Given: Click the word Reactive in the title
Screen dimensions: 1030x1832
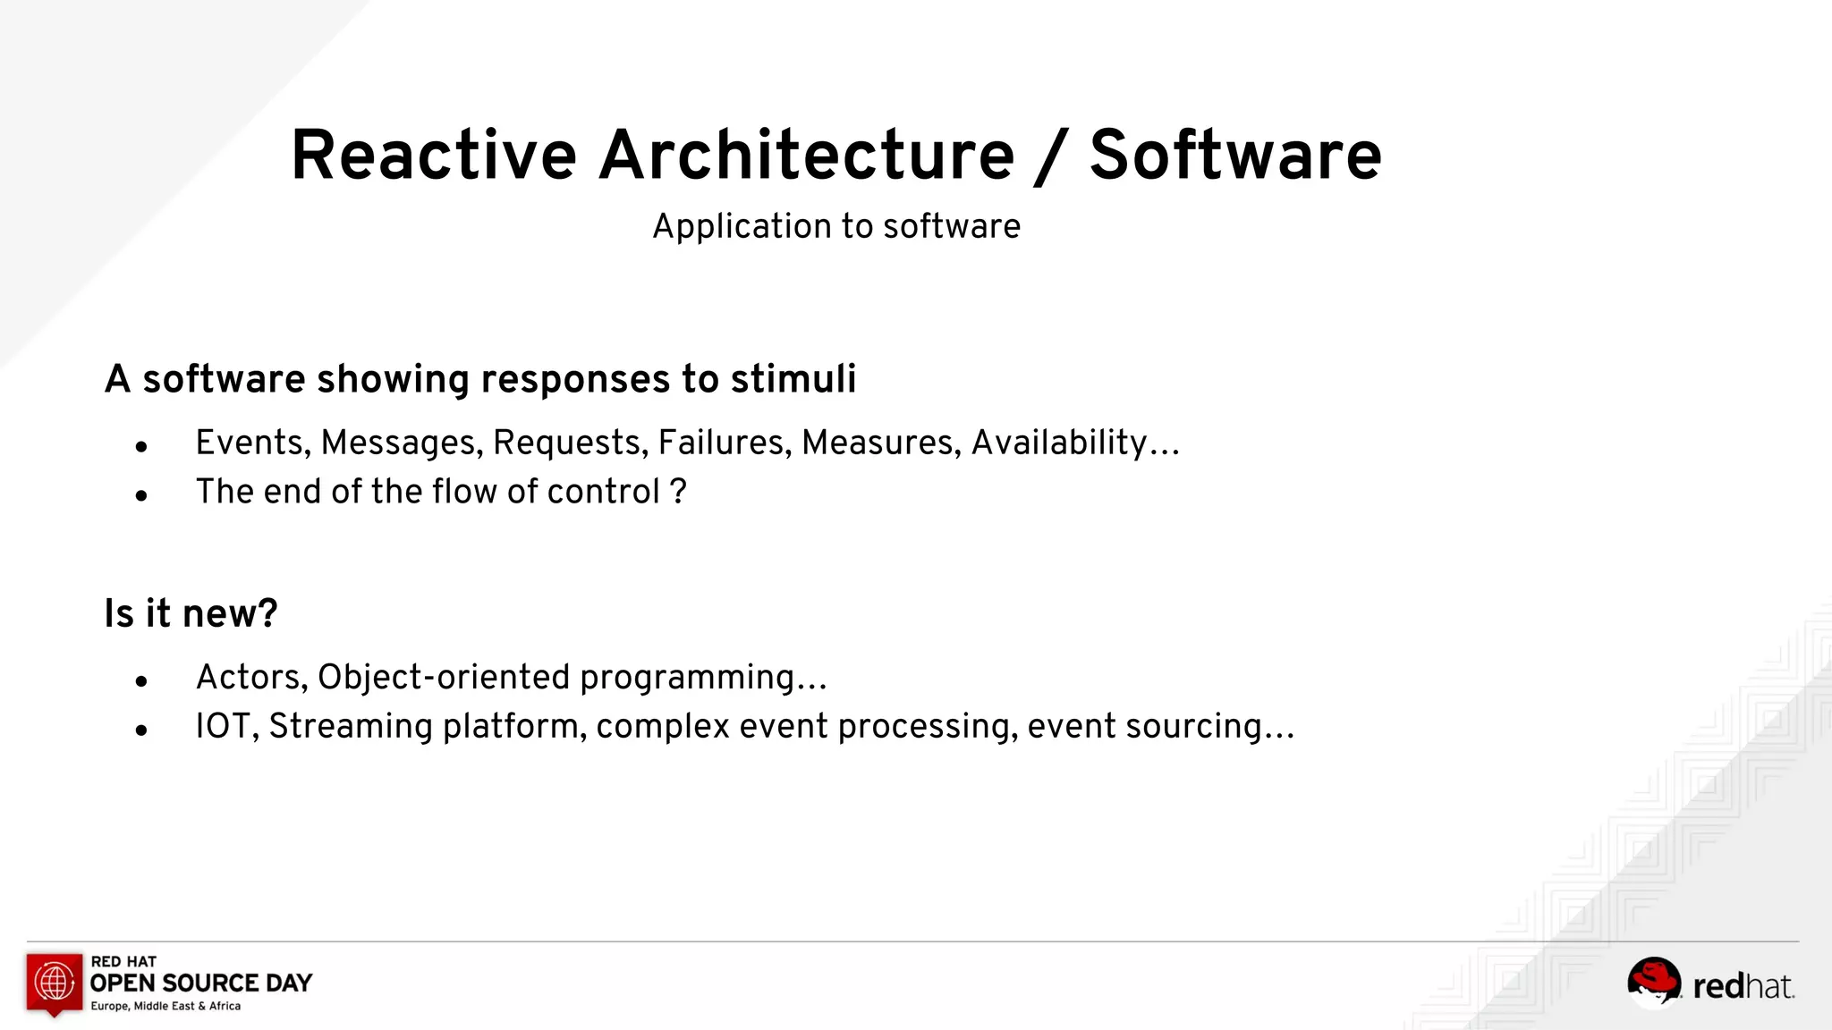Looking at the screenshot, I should coord(434,156).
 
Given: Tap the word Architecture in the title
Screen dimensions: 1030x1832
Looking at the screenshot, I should coord(807,156).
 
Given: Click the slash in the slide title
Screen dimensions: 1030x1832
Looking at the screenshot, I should coord(1052,157).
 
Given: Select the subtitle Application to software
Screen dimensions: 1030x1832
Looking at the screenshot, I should coord(836,226).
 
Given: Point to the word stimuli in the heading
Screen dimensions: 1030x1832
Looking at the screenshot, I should coord(793,379).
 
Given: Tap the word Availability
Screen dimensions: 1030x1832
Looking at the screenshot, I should coord(1059,443).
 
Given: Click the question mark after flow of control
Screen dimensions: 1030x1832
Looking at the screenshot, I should coord(678,491).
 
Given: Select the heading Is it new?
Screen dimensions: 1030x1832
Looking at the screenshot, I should coord(191,613).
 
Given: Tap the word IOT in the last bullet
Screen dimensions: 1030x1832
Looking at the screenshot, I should coord(226,726).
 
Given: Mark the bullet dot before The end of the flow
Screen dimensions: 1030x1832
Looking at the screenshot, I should coord(141,494).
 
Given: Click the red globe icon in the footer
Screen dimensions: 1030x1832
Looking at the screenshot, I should coord(55,982).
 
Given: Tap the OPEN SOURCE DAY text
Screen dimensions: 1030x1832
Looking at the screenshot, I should coord(201,984).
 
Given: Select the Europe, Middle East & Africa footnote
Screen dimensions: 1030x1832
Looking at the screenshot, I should coord(165,1007).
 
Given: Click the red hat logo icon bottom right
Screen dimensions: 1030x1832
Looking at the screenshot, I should coord(1653,981).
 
